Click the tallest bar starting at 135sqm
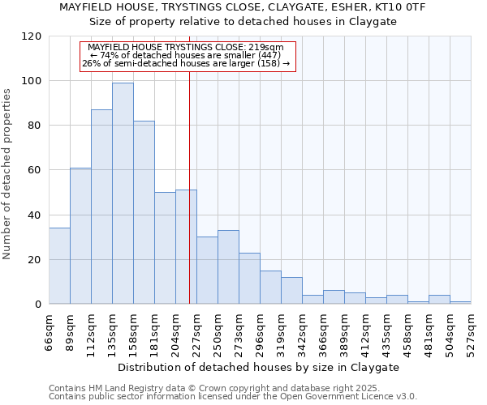[x=123, y=194]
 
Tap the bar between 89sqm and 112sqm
[x=80, y=236]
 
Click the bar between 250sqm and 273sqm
[x=228, y=267]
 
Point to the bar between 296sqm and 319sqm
[x=270, y=288]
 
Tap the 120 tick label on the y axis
[x=32, y=36]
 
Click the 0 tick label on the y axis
[x=38, y=305]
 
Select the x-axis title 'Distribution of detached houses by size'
[x=259, y=367]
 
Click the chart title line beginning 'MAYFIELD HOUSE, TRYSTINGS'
[x=243, y=7]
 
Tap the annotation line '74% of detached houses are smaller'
[x=186, y=55]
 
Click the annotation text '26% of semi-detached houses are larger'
[x=186, y=63]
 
